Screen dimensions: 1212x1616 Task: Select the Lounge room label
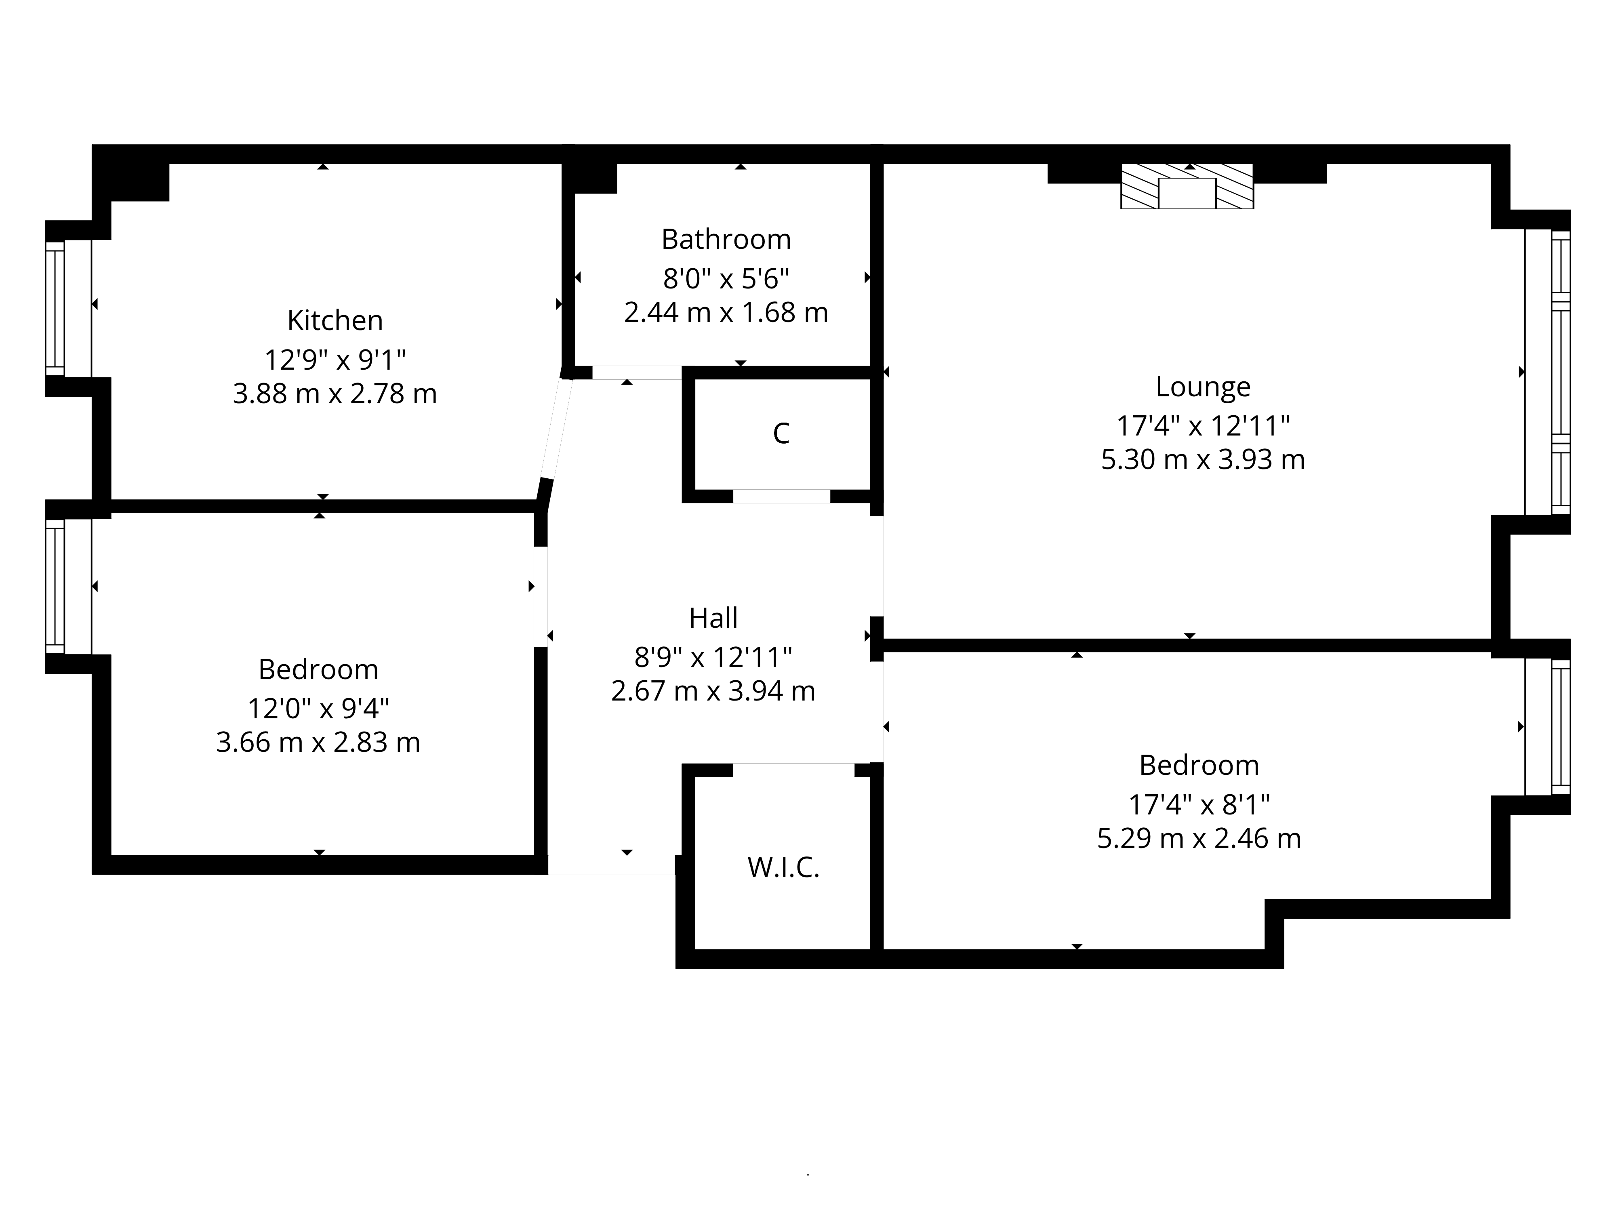[x=1202, y=387]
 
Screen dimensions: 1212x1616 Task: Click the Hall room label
[x=713, y=618]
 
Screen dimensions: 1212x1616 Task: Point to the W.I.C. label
[x=783, y=867]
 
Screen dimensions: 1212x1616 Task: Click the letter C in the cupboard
[x=781, y=433]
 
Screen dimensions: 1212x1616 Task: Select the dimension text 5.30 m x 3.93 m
[x=1202, y=459]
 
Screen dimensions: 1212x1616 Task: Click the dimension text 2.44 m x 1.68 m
[x=726, y=313]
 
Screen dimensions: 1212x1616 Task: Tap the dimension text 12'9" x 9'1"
[x=335, y=360]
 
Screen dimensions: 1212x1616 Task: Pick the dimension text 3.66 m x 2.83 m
[x=318, y=742]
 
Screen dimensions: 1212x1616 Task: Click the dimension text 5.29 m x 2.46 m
[x=1199, y=838]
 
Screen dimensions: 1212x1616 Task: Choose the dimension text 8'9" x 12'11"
[x=713, y=657]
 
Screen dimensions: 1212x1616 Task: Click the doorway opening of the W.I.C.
[x=793, y=770]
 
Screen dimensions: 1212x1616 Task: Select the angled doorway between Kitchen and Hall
[x=556, y=427]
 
